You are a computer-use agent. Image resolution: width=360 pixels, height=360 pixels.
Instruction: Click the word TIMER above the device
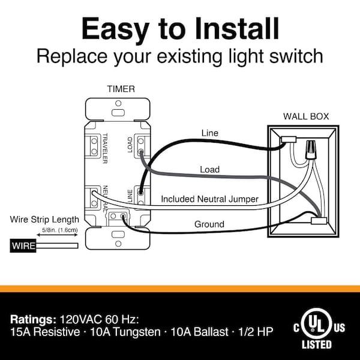click(x=121, y=89)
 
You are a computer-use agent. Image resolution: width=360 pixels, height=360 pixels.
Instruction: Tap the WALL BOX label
click(x=306, y=116)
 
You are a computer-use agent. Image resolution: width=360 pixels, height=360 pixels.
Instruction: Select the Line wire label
click(x=210, y=133)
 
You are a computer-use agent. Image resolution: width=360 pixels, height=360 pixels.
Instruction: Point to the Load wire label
click(x=209, y=170)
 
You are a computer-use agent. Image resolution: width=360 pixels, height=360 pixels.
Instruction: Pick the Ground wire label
click(x=209, y=224)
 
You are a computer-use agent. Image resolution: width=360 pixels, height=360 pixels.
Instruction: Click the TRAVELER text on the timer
click(x=104, y=147)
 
